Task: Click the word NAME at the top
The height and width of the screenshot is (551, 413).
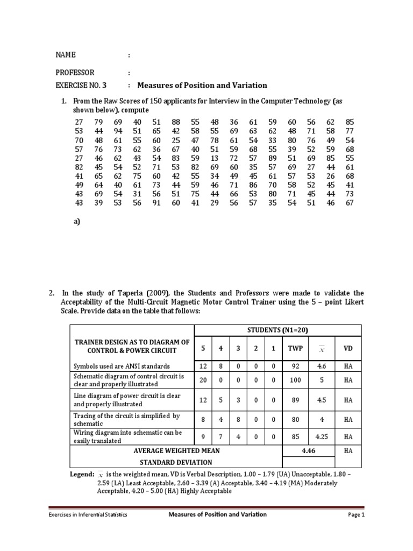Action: click(x=66, y=55)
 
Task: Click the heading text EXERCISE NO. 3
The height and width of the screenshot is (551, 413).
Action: click(x=81, y=85)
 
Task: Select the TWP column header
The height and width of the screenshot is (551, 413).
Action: click(x=296, y=348)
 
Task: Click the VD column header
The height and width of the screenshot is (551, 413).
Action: click(x=348, y=348)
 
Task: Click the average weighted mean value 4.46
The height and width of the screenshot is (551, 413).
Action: click(x=308, y=451)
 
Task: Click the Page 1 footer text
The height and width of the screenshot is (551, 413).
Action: click(x=356, y=514)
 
